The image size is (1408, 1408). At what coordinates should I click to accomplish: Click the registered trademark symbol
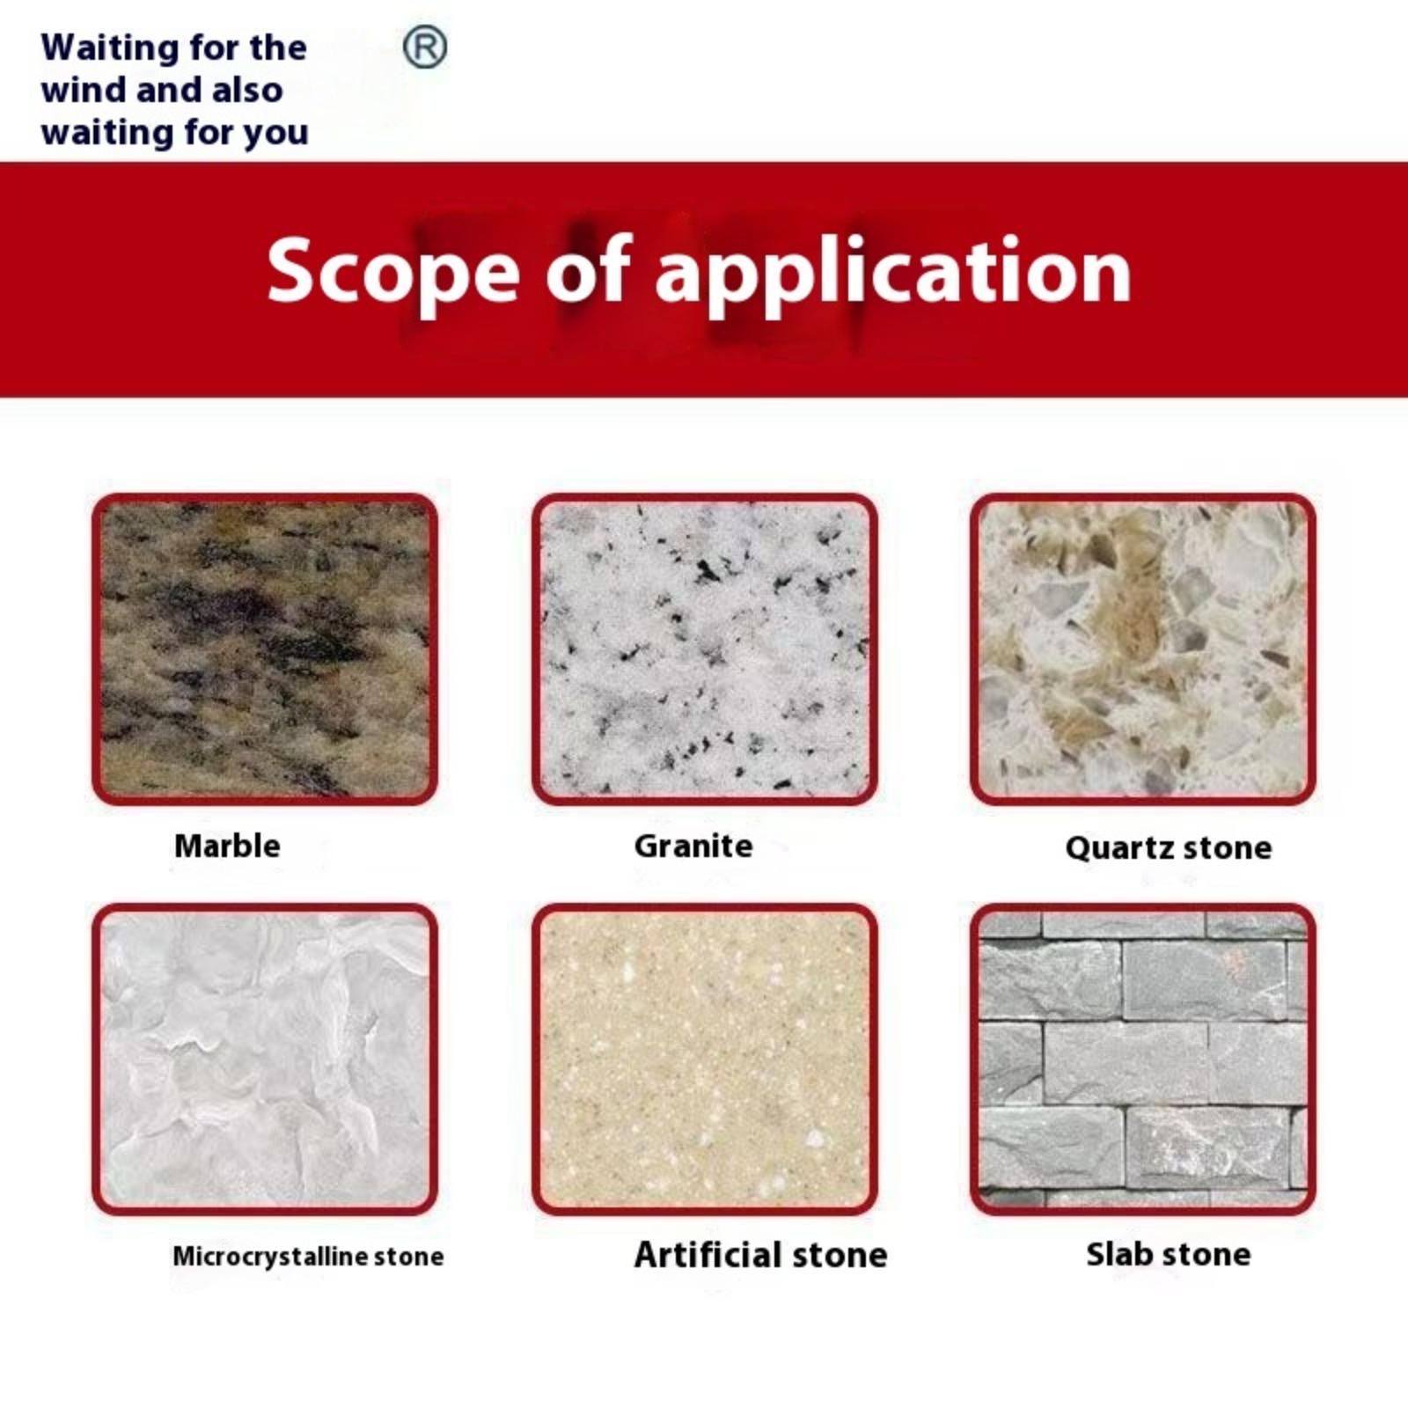tap(425, 48)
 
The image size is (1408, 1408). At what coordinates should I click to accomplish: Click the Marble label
tap(227, 846)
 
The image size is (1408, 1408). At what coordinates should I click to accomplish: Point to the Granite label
tap(693, 846)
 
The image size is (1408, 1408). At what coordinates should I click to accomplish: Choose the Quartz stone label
tap(1169, 847)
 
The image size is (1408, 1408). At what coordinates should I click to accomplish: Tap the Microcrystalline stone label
tap(308, 1256)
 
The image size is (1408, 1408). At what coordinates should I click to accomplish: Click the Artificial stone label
tap(761, 1254)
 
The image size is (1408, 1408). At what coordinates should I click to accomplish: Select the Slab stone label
tap(1169, 1254)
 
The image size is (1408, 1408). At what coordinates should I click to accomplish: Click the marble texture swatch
tap(265, 649)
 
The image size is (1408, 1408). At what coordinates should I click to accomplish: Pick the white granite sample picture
tap(704, 649)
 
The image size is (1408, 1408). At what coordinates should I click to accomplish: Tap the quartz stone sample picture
tap(1143, 649)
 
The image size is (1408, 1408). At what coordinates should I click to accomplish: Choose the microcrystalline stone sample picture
tap(265, 1060)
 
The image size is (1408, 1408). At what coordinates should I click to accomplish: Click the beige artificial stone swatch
tap(704, 1060)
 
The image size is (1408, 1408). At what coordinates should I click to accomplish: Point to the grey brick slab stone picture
tap(1143, 1060)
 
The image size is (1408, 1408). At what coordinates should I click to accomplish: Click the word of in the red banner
tap(589, 271)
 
